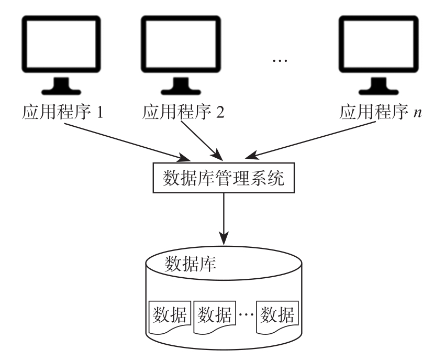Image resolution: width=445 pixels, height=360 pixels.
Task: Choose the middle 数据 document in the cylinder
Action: coord(213,317)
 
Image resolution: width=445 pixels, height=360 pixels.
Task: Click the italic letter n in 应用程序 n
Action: coord(417,114)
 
